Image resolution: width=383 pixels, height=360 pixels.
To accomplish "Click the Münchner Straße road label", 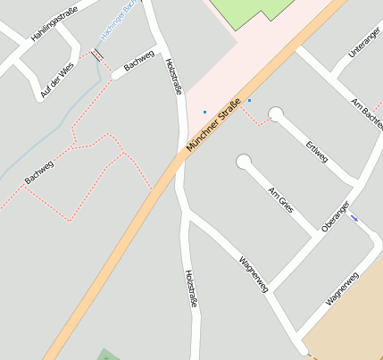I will tap(215, 127).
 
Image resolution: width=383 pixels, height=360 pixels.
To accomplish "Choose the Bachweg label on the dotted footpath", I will tap(39, 169).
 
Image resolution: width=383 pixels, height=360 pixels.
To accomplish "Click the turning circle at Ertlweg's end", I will tap(276, 113).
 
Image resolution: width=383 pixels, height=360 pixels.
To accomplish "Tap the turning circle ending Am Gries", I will tap(244, 162).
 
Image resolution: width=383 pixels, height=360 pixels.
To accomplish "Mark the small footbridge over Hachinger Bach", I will tap(96, 54).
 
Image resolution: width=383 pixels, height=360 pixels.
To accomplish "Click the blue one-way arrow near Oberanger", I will tap(355, 218).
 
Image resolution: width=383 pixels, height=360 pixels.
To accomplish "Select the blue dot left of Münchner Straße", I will tap(204, 112).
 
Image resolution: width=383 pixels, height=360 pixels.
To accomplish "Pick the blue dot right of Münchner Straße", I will tap(249, 101).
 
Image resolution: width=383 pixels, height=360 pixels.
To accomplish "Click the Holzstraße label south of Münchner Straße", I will tap(190, 289).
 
